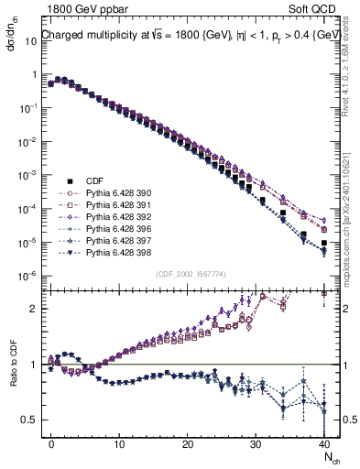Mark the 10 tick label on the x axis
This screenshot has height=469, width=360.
point(119,443)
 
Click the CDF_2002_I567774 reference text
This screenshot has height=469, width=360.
point(190,274)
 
